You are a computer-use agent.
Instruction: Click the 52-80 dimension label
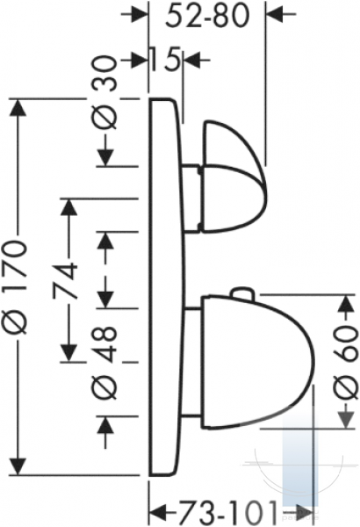(207, 16)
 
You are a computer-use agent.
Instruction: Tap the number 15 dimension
(164, 59)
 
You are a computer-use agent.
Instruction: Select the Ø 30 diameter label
(105, 93)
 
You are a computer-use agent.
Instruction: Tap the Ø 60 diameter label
(346, 364)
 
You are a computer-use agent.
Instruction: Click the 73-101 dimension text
(227, 513)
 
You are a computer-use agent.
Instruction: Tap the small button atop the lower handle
(242, 292)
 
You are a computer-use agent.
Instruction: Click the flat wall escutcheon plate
(167, 286)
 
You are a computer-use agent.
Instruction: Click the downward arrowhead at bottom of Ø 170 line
(18, 466)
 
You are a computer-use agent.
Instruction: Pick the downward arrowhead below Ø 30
(105, 157)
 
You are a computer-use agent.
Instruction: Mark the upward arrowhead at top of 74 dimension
(68, 207)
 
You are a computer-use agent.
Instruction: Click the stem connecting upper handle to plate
(191, 199)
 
